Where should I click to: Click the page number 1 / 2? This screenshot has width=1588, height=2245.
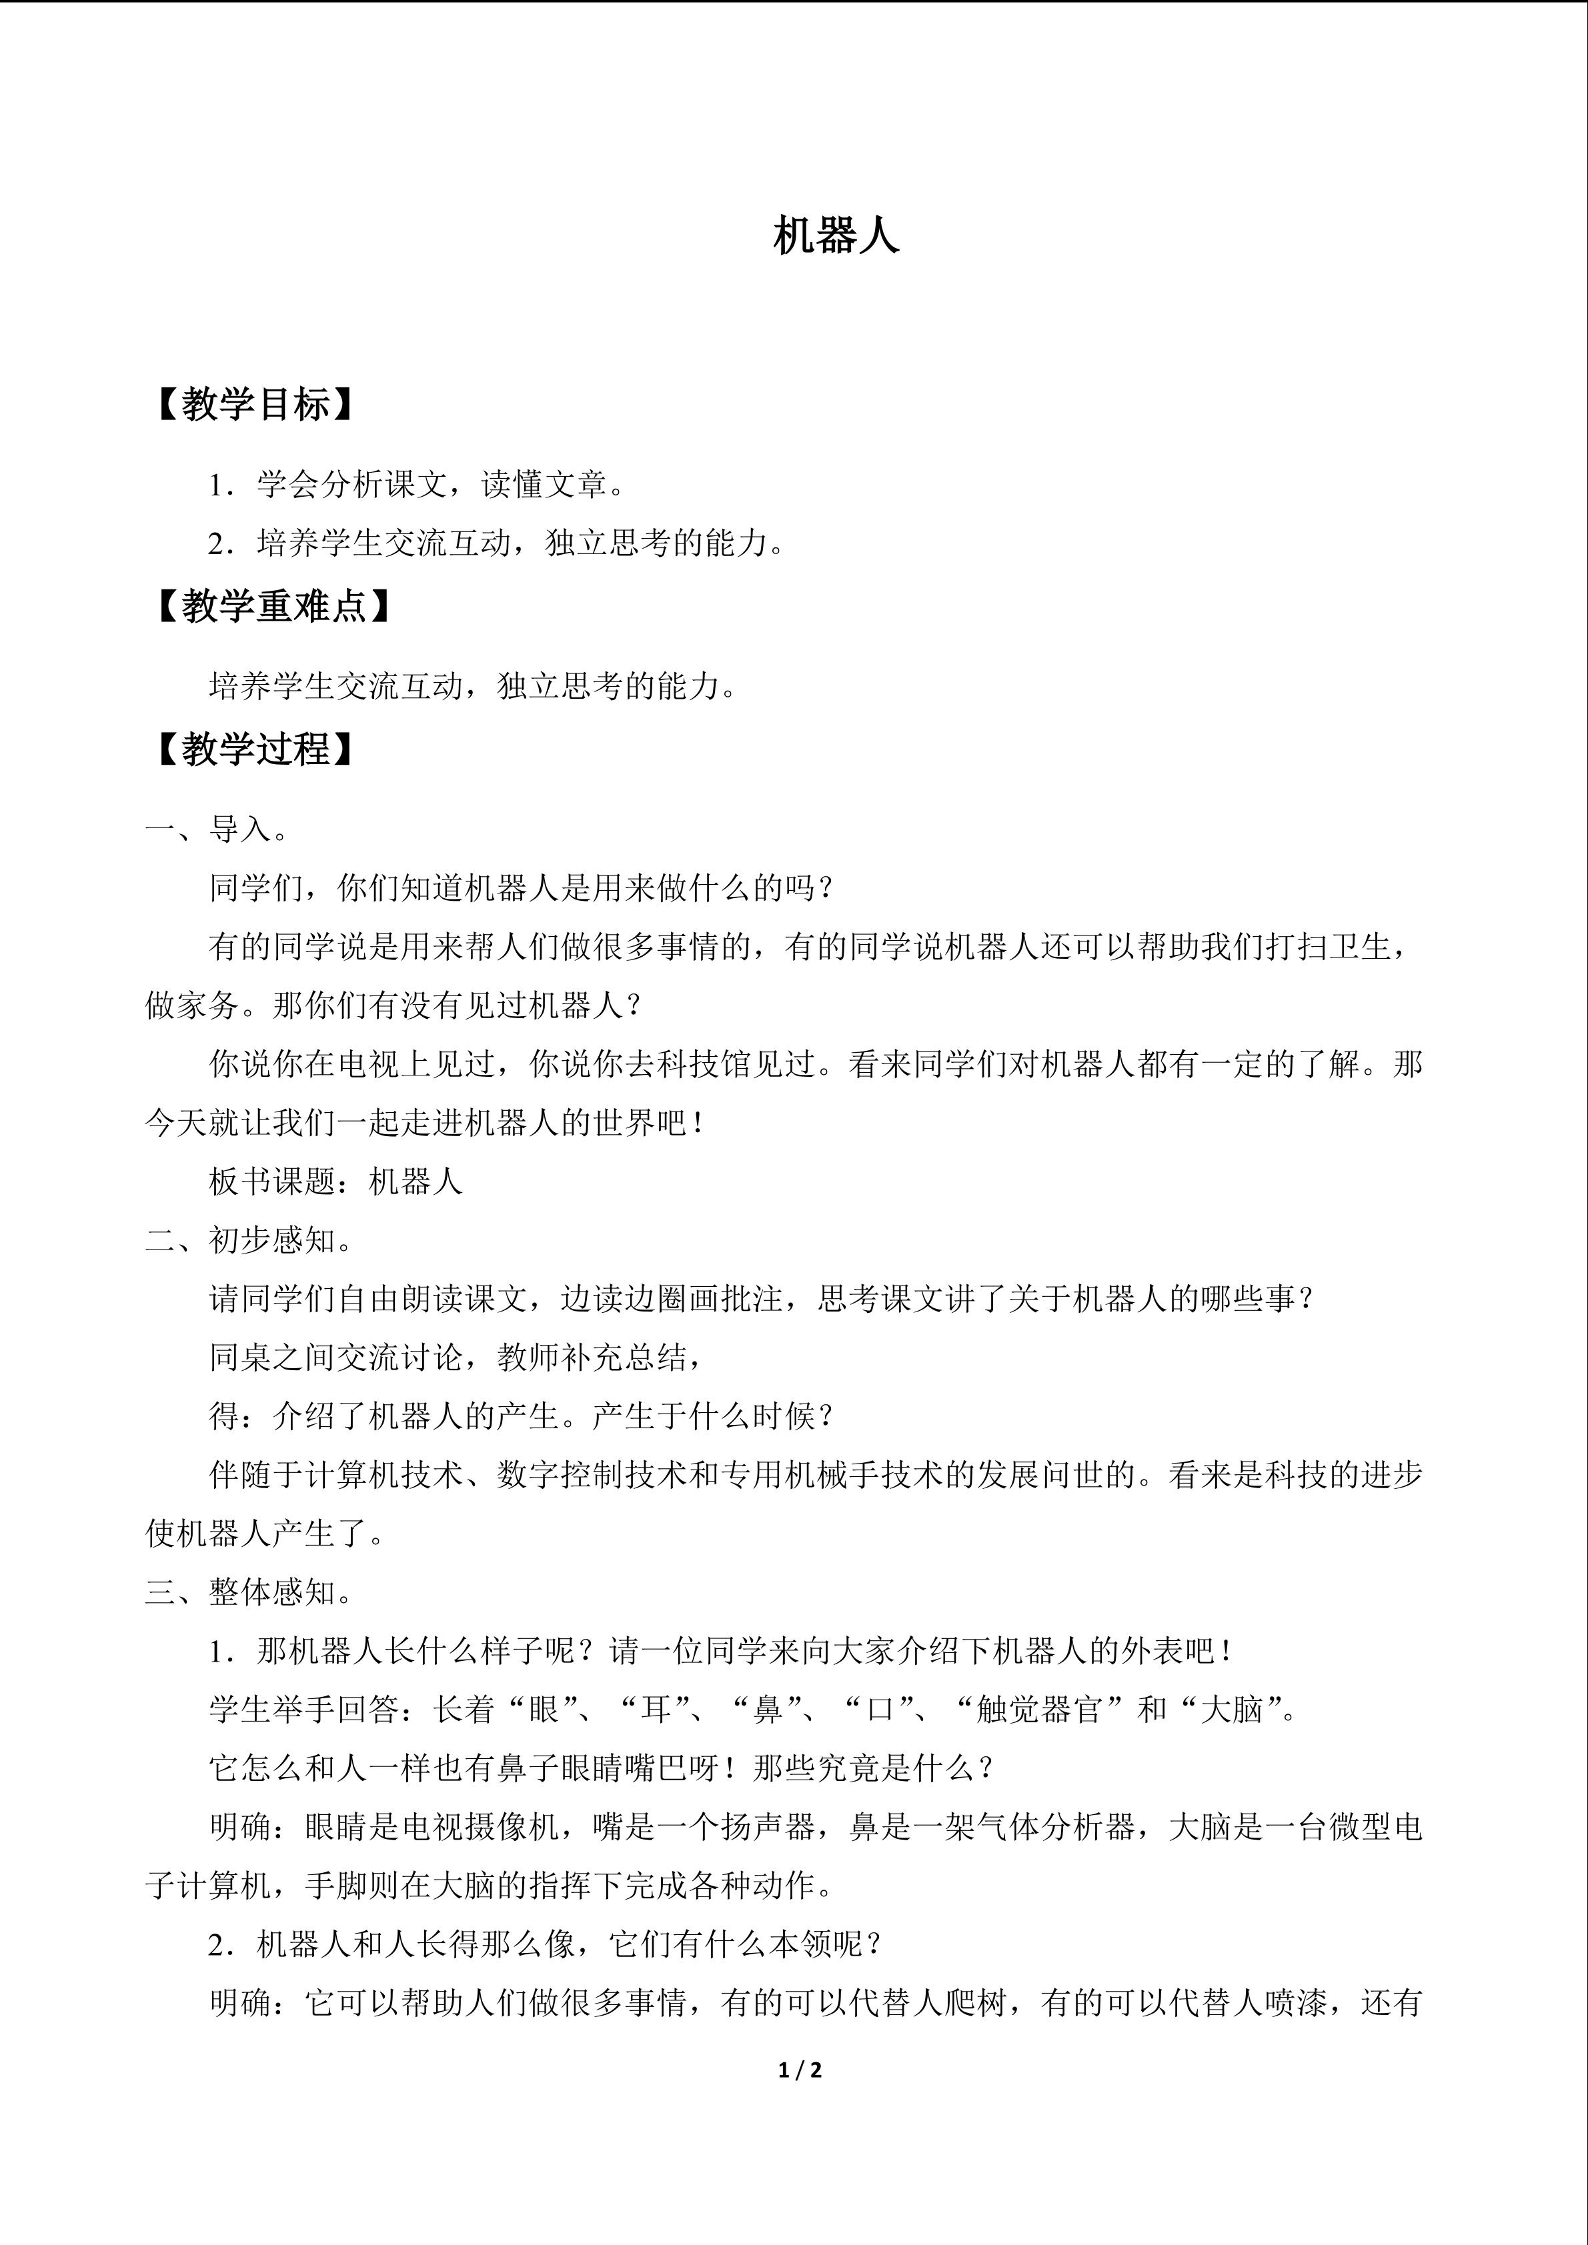(800, 2070)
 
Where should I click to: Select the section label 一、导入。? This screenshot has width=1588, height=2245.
(217, 830)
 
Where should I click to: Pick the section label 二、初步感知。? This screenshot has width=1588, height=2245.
(249, 1241)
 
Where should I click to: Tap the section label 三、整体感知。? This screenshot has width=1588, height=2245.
(249, 1593)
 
